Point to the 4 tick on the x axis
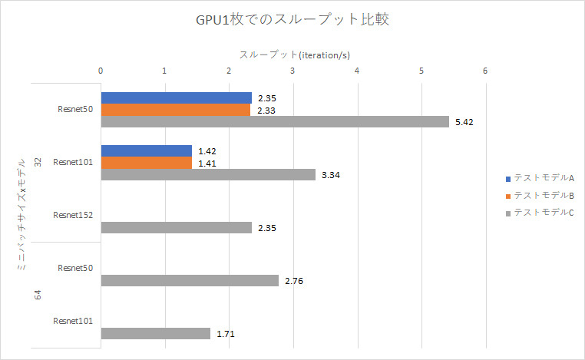(x=357, y=71)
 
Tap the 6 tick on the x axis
(x=485, y=71)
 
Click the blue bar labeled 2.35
(x=177, y=97)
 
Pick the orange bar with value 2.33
(x=176, y=110)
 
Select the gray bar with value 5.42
(x=275, y=122)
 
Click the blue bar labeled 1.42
(x=147, y=150)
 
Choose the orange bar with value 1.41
(x=146, y=163)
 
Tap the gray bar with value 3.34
(x=208, y=175)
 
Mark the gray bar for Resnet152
(x=177, y=227)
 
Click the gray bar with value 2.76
(x=190, y=281)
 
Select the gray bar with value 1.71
(x=156, y=334)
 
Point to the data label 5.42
(x=464, y=122)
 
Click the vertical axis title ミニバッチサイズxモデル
(x=22, y=214)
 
